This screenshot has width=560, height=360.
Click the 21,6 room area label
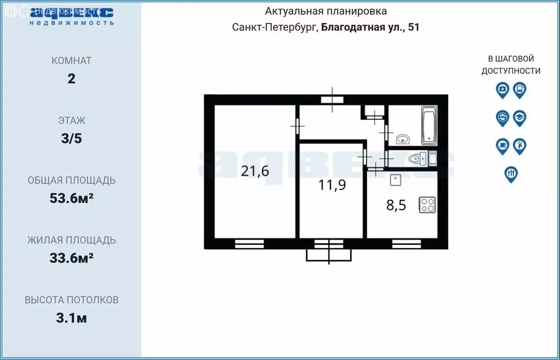pos(255,171)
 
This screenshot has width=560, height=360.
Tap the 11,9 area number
pos(332,185)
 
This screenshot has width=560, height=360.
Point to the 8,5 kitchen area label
pos(398,206)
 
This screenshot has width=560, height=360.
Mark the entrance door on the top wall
pos(332,100)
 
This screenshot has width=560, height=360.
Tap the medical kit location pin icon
pos(502,90)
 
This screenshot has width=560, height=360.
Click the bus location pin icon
pos(520,90)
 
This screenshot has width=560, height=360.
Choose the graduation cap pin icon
pos(520,118)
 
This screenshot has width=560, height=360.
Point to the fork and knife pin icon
pos(511,173)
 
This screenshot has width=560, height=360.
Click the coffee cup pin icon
pos(502,146)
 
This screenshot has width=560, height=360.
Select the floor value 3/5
pos(71,138)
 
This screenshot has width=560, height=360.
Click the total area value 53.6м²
pos(71,198)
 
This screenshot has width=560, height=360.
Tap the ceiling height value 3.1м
pos(71,318)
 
